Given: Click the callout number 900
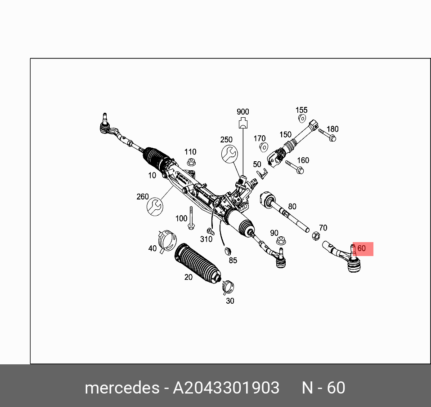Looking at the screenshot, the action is (x=242, y=112).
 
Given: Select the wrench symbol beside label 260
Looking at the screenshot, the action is (x=155, y=206).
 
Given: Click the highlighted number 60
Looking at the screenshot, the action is (x=361, y=248).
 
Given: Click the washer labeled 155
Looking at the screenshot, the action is (x=302, y=119).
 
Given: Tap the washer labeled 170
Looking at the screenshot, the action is (x=265, y=146).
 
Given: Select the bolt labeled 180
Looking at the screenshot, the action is (x=328, y=135).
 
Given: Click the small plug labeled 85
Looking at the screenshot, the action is (x=227, y=250).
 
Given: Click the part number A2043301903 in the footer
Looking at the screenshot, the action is (x=226, y=388).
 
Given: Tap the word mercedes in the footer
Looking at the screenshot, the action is (x=121, y=388).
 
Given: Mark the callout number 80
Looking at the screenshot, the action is (x=292, y=207).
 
